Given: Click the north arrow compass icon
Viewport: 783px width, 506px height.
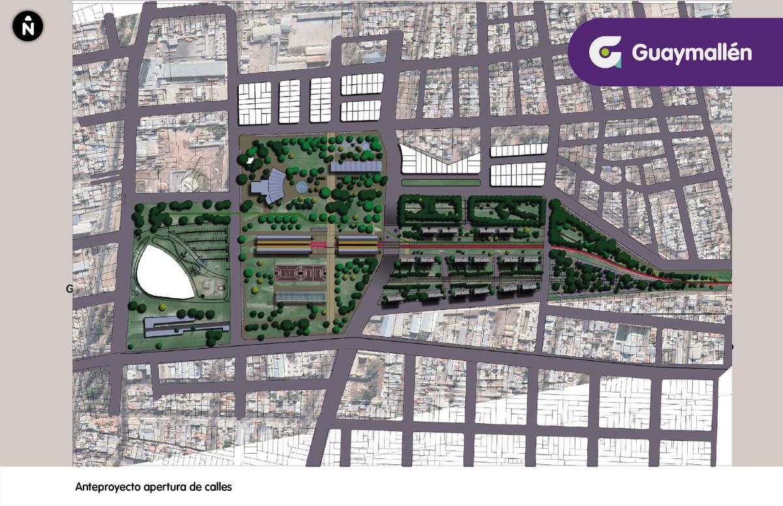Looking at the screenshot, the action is tap(27, 26).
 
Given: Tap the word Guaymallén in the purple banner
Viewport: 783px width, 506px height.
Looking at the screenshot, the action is tap(692, 53).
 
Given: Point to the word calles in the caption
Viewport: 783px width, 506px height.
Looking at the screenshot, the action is tap(219, 487).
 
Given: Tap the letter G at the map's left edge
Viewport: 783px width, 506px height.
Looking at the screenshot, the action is tap(69, 289).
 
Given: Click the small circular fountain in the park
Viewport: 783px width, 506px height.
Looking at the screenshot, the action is tap(301, 187).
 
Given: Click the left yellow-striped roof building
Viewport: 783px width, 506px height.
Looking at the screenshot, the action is tap(283, 245).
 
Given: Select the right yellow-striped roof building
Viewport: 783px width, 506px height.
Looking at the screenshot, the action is tap(358, 245).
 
